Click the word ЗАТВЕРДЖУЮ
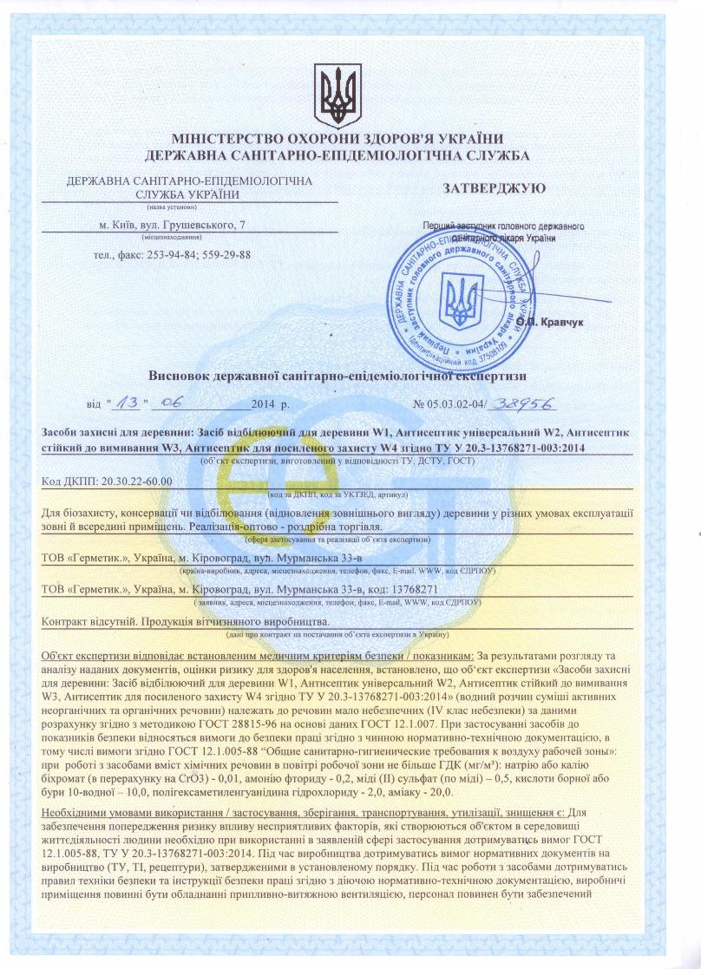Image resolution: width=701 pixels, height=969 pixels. pyautogui.click(x=495, y=187)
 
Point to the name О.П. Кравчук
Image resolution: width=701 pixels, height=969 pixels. pyautogui.click(x=550, y=321)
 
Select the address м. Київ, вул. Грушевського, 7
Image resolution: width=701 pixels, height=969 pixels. pyautogui.click(x=173, y=226)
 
